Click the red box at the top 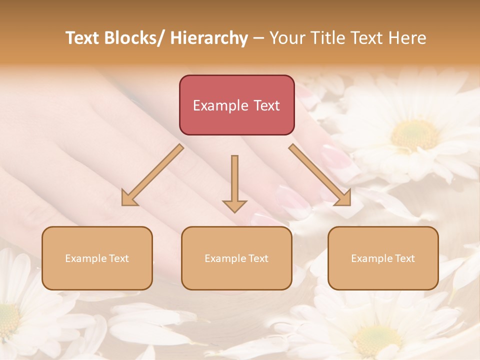pos(236,105)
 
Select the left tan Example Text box pos(97,258)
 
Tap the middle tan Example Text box pos(236,258)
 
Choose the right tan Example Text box pos(383,258)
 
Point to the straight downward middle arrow pos(234,183)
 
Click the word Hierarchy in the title pos(209,38)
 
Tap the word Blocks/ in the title pos(134,38)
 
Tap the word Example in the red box pos(220,105)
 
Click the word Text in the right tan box pos(404,258)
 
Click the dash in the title pos(258,38)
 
